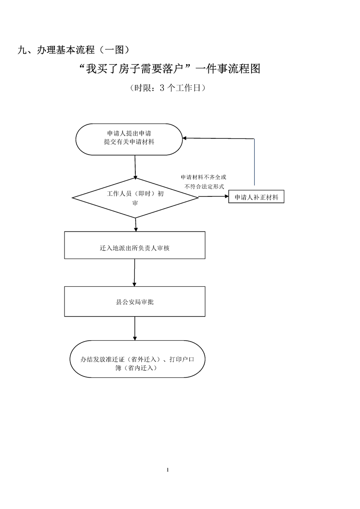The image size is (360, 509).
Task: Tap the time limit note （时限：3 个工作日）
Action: (168, 88)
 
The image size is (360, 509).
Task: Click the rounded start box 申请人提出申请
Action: (129, 139)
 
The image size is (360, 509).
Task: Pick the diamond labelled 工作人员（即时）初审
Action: (135, 198)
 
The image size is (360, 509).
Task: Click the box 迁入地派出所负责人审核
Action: (134, 249)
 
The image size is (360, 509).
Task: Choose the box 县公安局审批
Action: (134, 301)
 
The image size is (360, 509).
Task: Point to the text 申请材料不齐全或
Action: (203, 176)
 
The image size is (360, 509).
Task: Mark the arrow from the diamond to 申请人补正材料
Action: (213, 196)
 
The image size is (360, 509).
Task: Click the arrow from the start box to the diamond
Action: (135, 166)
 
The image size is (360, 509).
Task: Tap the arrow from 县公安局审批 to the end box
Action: (134, 328)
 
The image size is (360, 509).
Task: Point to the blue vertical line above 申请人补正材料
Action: (254, 163)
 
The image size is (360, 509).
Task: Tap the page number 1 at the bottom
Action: (168, 469)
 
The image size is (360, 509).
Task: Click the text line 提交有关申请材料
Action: (129, 142)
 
